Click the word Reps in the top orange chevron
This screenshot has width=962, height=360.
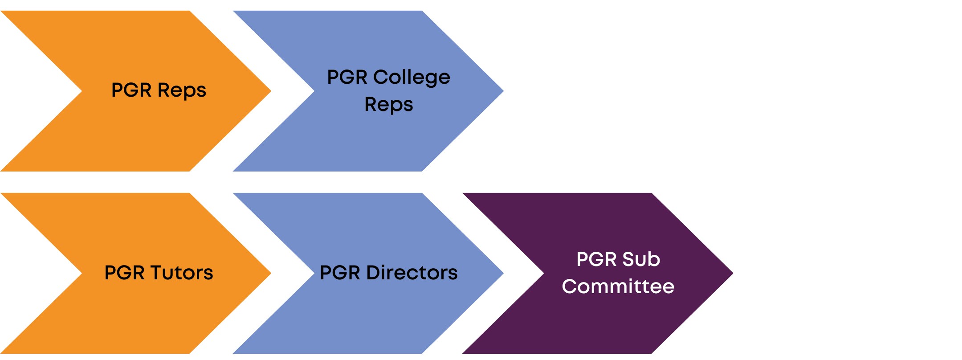coord(182,90)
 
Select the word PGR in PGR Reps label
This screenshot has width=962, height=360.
coord(131,90)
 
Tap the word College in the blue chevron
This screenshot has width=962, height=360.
coord(412,78)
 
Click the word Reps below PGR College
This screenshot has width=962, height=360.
coord(388,105)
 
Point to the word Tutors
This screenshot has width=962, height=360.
coord(182,273)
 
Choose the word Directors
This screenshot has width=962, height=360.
coord(412,273)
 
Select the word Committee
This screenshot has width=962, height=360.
coord(618,286)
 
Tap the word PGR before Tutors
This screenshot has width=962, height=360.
coord(124,273)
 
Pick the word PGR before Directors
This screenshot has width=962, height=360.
coord(340,273)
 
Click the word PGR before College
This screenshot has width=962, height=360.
coord(347,78)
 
